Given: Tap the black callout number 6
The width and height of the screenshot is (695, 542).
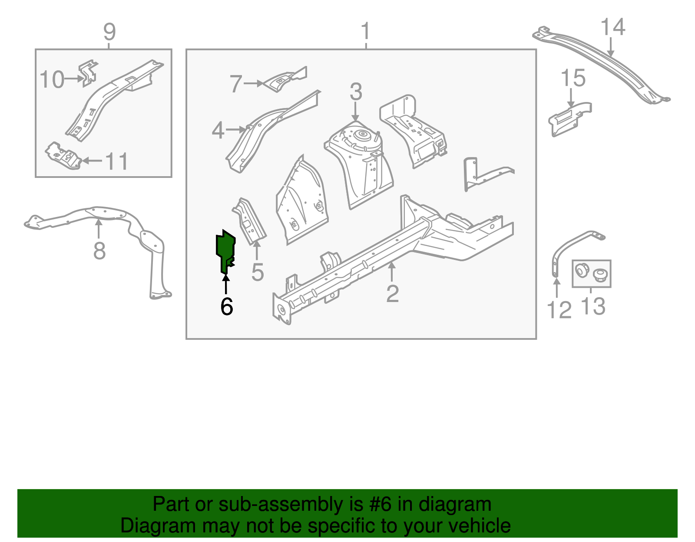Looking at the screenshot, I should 227,307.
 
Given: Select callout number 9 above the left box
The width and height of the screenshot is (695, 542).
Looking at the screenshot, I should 109,32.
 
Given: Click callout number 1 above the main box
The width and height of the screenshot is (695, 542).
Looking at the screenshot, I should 366,32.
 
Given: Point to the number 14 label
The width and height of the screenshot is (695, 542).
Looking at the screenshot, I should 612,27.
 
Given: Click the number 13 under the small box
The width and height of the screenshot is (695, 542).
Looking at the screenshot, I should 593,307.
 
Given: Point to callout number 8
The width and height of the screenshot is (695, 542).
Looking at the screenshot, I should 99,251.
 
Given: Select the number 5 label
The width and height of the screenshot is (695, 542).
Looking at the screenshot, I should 258,273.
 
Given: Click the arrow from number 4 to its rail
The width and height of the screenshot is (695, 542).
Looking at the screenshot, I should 237,129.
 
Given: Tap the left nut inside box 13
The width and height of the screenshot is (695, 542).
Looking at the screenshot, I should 581,271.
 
